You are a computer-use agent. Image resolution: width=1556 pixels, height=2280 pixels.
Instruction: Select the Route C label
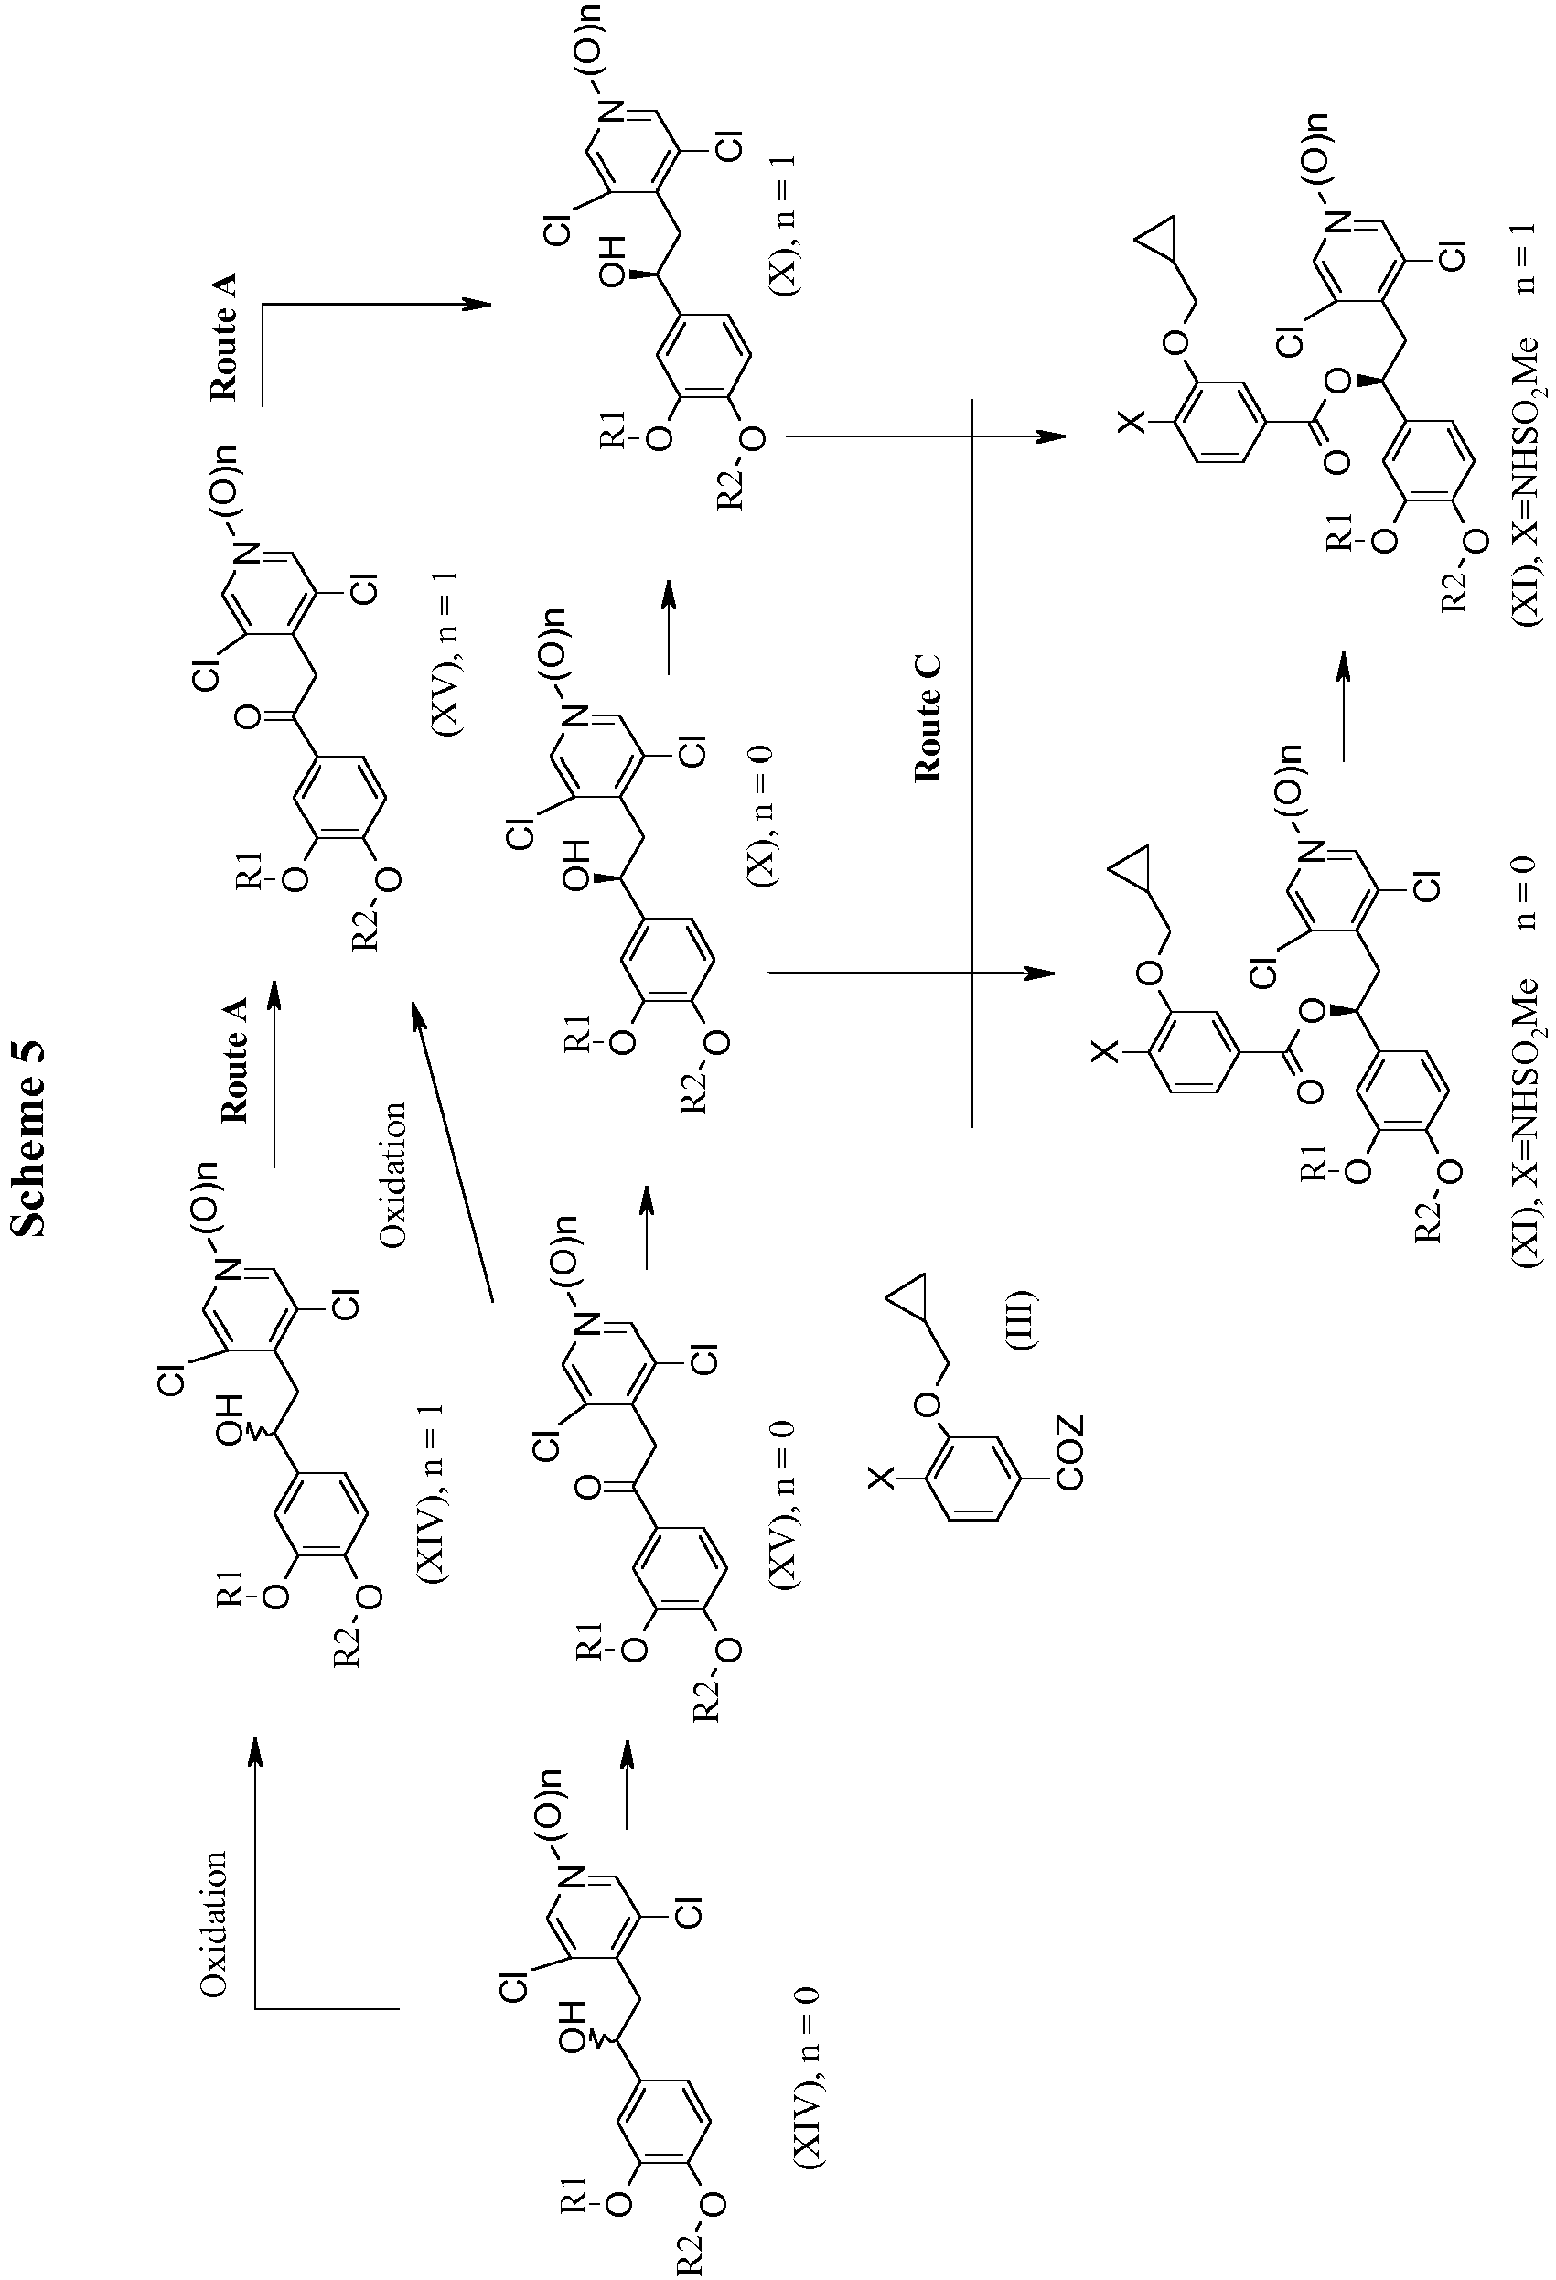coord(928,719)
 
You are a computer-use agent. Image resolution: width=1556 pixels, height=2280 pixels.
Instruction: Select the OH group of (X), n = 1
coord(614,267)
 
